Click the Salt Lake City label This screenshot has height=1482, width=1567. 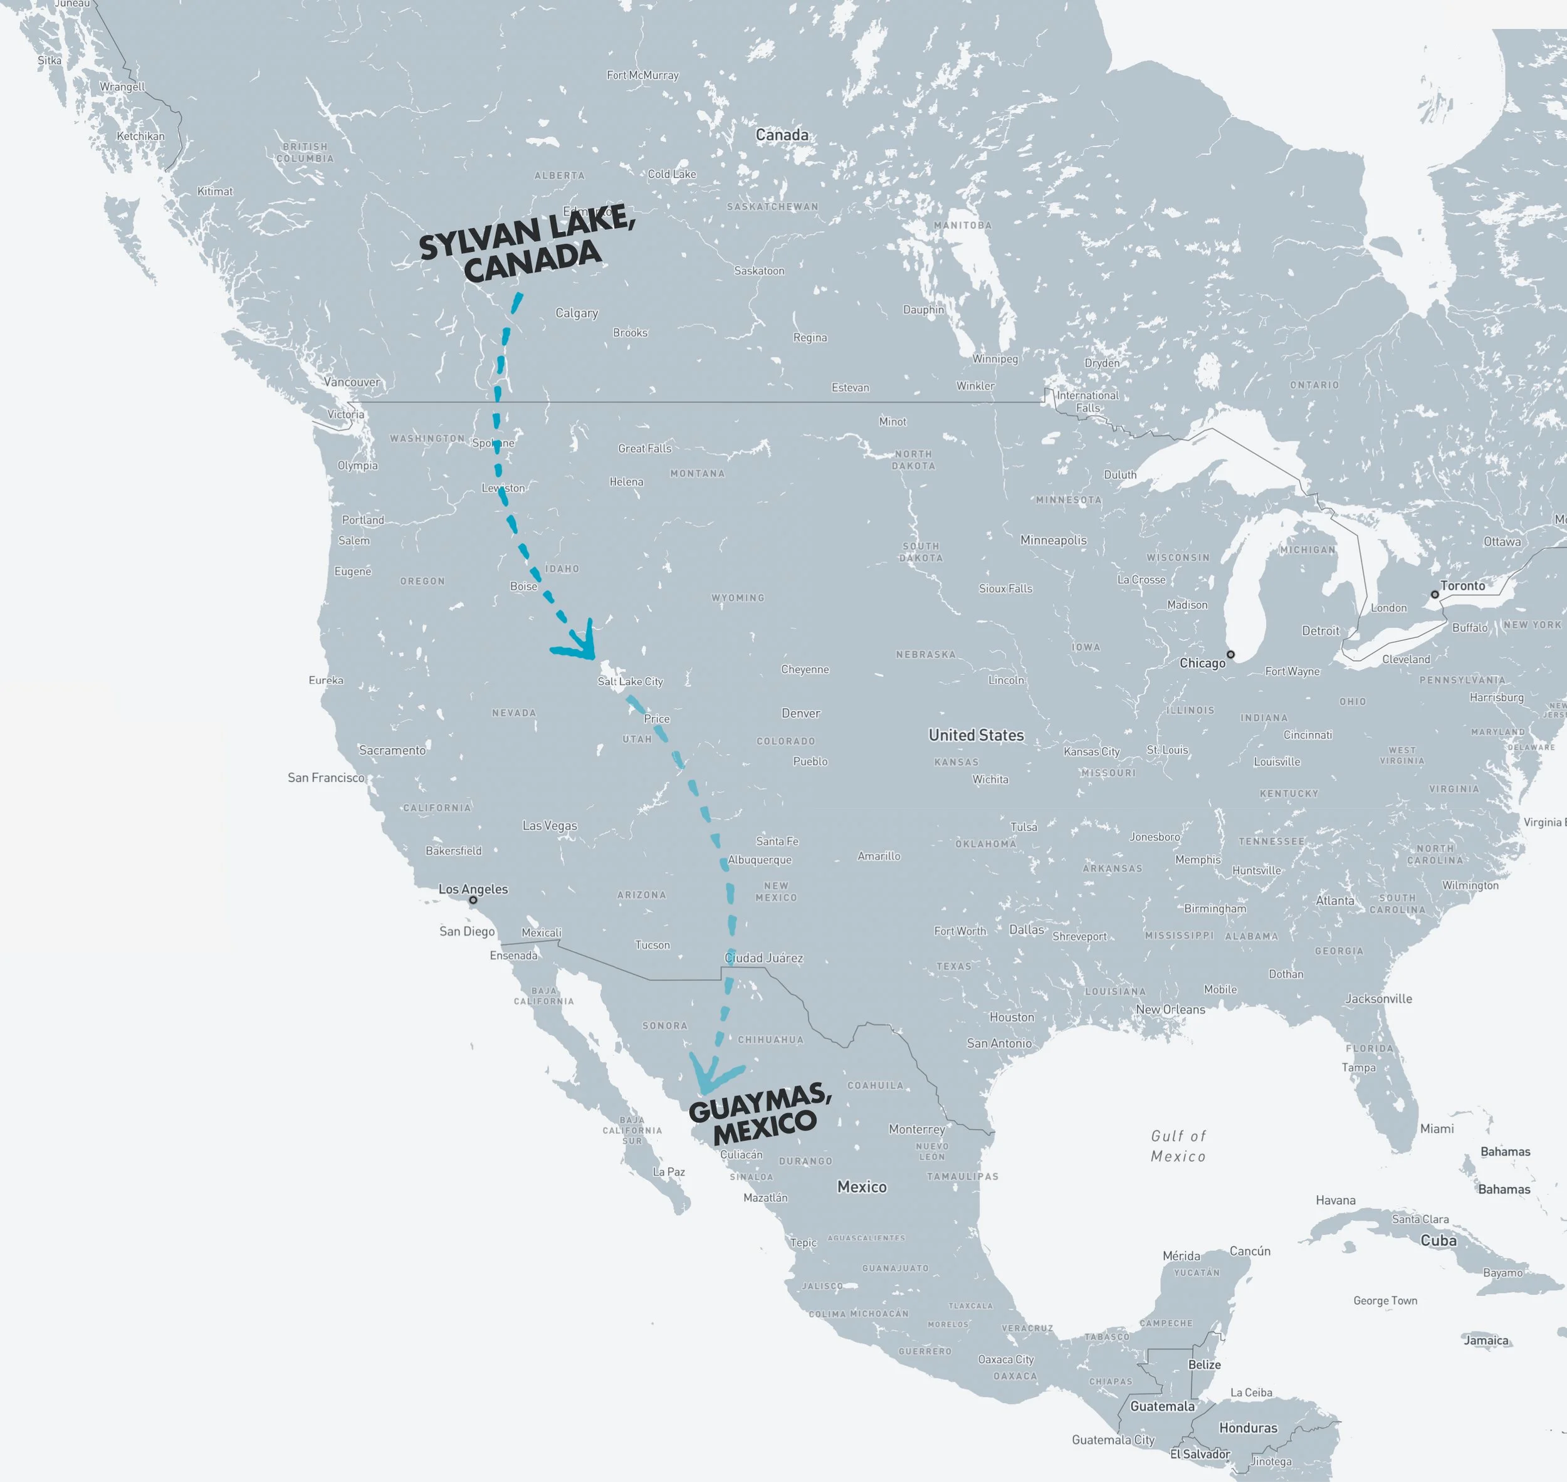(x=630, y=681)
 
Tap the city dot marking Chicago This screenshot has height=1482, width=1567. (x=1230, y=654)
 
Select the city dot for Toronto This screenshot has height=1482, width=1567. (x=1435, y=594)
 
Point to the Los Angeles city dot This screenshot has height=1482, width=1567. (x=473, y=900)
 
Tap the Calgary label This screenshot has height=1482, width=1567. (x=576, y=313)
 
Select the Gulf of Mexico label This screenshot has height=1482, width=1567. (x=1178, y=1145)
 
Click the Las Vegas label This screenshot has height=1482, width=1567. (x=549, y=825)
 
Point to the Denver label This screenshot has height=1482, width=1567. (x=800, y=712)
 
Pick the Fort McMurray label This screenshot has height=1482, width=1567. (x=642, y=75)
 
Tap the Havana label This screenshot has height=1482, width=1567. (x=1336, y=1200)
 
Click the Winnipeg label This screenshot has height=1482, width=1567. (x=995, y=358)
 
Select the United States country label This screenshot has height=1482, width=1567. (x=976, y=734)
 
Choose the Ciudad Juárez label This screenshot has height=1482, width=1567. (x=763, y=958)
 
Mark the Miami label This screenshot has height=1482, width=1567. (x=1437, y=1128)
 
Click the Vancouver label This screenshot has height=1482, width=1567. (x=352, y=382)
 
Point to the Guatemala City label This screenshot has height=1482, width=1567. (x=1113, y=1439)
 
